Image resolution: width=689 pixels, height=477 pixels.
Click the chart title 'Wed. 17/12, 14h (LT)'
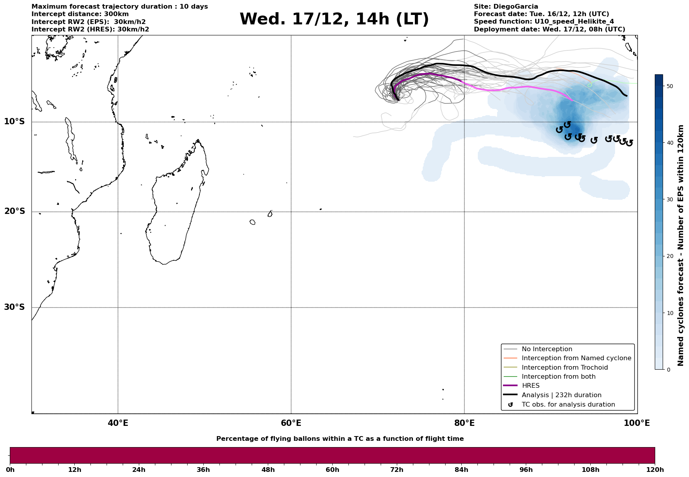click(x=334, y=19)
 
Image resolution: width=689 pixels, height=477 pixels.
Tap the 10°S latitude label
click(x=15, y=122)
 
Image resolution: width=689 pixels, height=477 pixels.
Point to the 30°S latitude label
click(x=15, y=307)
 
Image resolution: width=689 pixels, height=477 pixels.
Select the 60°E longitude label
click(x=291, y=424)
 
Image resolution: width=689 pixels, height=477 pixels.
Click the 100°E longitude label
click(x=637, y=424)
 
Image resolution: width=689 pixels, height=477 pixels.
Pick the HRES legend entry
click(x=531, y=386)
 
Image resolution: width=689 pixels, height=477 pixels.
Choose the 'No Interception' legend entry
click(x=547, y=349)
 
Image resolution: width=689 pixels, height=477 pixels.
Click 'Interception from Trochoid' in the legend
click(x=564, y=368)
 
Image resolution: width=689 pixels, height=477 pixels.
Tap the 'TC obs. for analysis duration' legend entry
click(x=568, y=405)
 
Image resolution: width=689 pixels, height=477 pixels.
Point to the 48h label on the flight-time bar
click(x=268, y=470)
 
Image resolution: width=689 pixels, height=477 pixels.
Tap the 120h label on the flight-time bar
click(x=654, y=470)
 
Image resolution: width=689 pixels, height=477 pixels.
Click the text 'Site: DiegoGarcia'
click(x=506, y=7)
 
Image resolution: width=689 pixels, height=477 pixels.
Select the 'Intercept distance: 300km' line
click(x=80, y=14)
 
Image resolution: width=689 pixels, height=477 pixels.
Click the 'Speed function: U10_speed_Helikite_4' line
click(x=543, y=22)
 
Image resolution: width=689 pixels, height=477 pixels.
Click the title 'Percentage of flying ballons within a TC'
click(x=340, y=439)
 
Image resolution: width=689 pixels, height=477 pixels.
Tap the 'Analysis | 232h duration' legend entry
click(x=561, y=395)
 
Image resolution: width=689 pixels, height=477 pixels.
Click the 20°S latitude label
click(x=15, y=212)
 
